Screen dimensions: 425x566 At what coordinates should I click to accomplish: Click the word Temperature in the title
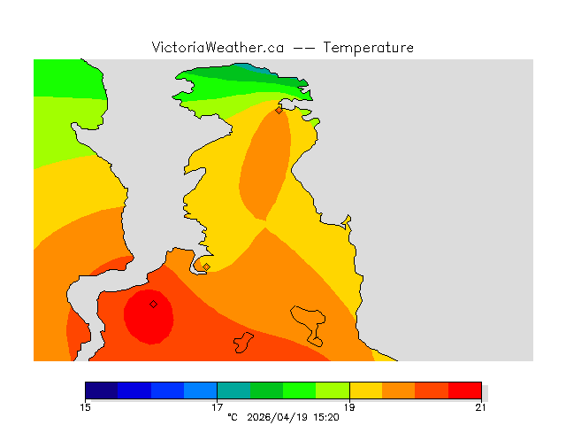click(368, 48)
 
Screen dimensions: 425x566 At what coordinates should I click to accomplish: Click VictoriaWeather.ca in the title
click(218, 48)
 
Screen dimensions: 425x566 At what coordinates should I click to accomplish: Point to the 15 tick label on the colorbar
click(85, 407)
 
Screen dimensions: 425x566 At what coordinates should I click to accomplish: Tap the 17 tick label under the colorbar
click(217, 407)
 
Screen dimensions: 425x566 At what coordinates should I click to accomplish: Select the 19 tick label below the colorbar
click(349, 407)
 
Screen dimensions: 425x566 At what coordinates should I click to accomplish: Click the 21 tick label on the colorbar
click(481, 407)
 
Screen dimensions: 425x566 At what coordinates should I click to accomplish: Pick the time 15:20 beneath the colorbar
click(325, 417)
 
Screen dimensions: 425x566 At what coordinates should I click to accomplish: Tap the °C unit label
click(233, 417)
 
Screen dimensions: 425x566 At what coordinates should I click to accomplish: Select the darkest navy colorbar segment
click(102, 390)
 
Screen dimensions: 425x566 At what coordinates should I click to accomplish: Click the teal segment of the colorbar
click(233, 390)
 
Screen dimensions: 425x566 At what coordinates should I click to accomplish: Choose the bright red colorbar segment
click(464, 390)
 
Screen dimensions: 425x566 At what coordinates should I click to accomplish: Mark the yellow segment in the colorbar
click(365, 390)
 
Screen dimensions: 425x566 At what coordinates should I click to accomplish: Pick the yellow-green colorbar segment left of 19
click(333, 390)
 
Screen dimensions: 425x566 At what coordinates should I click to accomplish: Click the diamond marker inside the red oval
click(153, 304)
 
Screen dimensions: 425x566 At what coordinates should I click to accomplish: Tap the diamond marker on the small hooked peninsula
click(206, 267)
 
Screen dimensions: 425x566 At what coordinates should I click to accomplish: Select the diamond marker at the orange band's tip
click(279, 111)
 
